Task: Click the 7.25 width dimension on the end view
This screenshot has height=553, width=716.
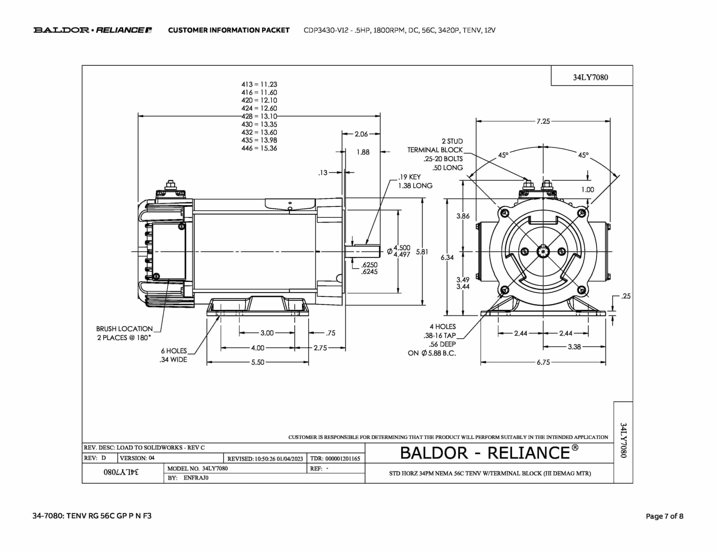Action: click(543, 121)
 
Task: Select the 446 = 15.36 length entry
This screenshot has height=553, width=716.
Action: click(259, 148)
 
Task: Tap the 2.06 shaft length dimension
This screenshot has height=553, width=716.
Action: click(361, 134)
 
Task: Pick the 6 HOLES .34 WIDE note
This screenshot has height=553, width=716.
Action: click(174, 355)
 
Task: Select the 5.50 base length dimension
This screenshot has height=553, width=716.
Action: click(258, 362)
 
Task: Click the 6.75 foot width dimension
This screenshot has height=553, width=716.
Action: click(543, 362)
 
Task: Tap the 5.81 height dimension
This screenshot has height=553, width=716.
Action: click(422, 252)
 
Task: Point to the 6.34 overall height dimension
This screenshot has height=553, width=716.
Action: click(447, 258)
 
